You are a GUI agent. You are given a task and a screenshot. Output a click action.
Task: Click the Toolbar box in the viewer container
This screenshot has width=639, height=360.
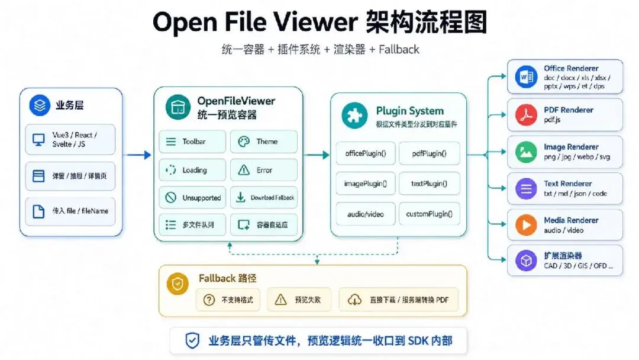click(192, 142)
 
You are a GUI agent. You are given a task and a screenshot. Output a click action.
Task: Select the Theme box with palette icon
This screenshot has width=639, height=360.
click(264, 142)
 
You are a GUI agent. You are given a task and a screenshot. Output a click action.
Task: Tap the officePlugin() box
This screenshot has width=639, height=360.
click(366, 153)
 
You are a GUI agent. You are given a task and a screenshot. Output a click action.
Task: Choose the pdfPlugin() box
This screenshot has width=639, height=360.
click(429, 153)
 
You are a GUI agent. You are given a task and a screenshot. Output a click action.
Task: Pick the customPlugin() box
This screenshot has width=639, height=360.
click(429, 214)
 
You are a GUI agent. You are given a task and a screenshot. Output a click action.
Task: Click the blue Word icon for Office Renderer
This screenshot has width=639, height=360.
click(526, 76)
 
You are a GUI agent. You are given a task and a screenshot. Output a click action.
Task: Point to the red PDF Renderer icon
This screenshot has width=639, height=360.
click(526, 114)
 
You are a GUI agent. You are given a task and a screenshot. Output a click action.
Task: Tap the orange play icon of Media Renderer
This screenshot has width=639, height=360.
click(526, 224)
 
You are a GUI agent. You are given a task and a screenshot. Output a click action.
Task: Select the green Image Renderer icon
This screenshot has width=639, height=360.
click(526, 152)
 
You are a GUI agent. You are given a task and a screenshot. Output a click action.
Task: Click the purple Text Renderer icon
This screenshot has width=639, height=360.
click(526, 188)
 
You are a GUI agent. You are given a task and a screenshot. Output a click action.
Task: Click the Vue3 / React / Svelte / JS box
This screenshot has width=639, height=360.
click(70, 139)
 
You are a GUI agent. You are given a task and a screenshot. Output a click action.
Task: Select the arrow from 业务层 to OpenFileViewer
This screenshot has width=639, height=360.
click(138, 155)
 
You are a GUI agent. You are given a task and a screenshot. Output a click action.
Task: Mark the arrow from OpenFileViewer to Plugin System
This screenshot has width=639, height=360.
click(316, 155)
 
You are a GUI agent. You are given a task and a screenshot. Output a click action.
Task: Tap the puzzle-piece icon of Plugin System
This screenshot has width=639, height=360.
click(354, 115)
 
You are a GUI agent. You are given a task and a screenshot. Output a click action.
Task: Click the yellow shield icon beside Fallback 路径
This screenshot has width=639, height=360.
click(177, 284)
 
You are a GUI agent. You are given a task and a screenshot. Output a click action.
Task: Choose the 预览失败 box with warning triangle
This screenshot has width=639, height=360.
click(299, 300)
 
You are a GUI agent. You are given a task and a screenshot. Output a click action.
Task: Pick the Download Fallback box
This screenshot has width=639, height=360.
click(264, 197)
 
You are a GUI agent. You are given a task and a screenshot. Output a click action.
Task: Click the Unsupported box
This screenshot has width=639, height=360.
click(192, 197)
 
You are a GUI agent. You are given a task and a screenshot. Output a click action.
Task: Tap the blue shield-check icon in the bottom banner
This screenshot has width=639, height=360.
click(192, 340)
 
